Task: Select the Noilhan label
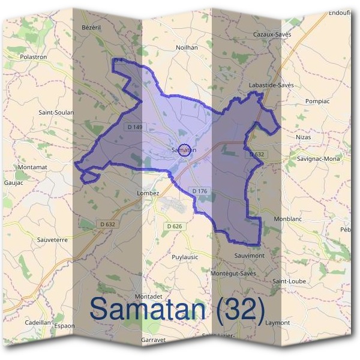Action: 187,47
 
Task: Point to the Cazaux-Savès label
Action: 272,35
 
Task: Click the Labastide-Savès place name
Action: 271,86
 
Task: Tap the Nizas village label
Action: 305,137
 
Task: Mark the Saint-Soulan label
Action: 56,112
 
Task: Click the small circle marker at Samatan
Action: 185,151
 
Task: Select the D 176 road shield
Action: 199,191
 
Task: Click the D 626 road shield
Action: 174,226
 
